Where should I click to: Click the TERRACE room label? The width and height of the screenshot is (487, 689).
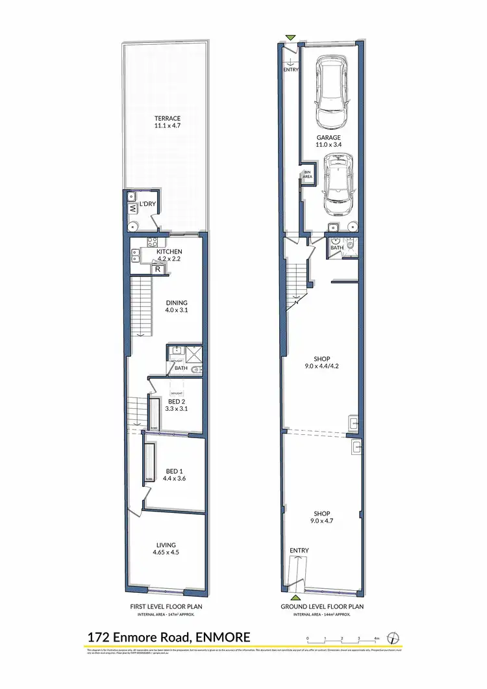tap(167, 122)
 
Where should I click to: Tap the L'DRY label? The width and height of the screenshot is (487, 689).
tap(147, 205)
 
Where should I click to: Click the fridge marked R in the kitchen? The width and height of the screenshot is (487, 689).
tap(156, 268)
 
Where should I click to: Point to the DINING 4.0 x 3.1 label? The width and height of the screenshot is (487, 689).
tap(176, 306)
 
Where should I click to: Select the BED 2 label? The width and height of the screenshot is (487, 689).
tap(173, 405)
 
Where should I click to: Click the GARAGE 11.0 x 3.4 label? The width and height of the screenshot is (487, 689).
tap(329, 142)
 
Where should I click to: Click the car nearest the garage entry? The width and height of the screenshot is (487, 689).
tap(331, 93)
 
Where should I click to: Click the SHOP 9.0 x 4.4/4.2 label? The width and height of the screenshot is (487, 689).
tap(321, 363)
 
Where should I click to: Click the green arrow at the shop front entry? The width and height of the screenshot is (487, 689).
tap(296, 597)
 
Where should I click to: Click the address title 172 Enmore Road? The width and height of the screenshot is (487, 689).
tap(168, 636)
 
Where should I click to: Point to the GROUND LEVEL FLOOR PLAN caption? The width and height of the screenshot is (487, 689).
tap(322, 606)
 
